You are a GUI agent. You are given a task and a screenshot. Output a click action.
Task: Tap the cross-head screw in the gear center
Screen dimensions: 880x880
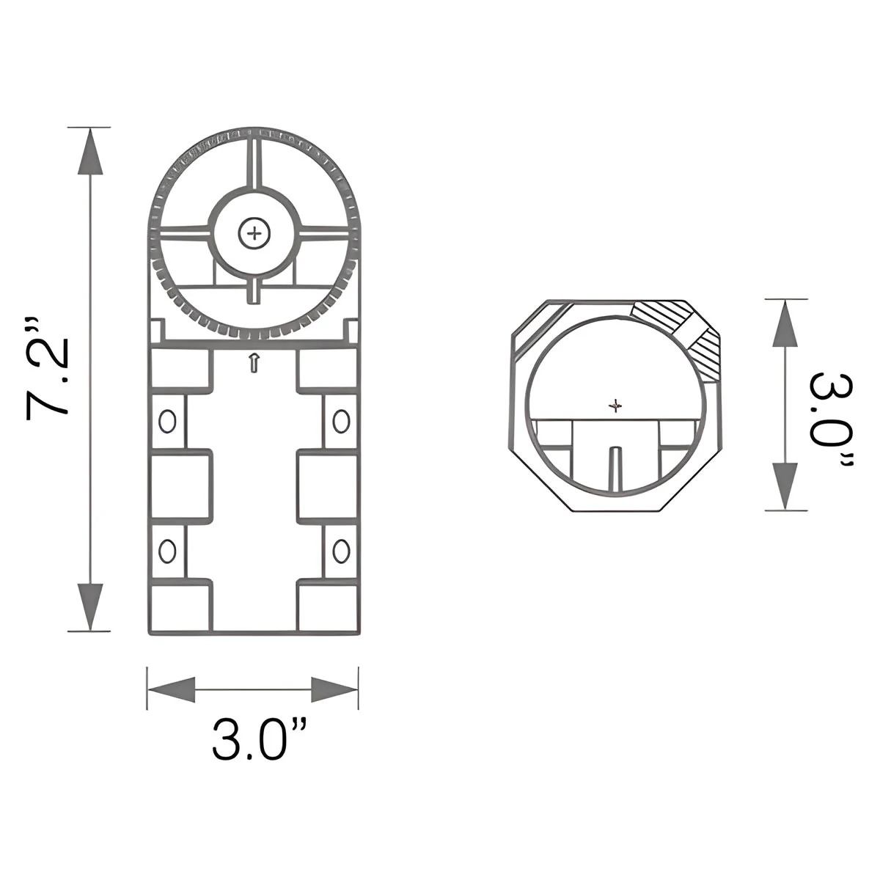click(254, 234)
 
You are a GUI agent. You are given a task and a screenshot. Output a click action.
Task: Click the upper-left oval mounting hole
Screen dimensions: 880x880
click(167, 421)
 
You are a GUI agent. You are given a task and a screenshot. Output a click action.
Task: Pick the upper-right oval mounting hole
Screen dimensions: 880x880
click(341, 421)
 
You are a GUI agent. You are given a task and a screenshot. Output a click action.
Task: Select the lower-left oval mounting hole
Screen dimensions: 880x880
click(167, 551)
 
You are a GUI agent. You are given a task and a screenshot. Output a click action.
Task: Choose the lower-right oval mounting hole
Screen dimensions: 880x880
click(341, 551)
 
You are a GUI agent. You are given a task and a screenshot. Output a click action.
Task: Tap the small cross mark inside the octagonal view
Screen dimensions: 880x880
click(615, 405)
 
